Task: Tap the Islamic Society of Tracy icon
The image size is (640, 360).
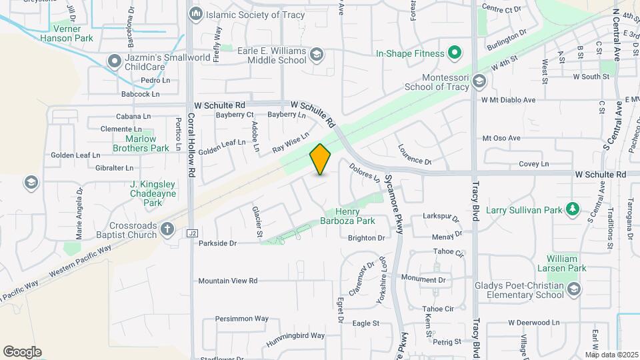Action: tap(196, 13)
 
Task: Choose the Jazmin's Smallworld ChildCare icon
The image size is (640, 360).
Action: tap(115, 63)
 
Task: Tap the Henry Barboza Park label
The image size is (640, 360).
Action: tap(356, 215)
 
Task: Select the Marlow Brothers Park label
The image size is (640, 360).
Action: tap(141, 143)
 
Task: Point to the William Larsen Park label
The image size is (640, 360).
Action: tap(567, 263)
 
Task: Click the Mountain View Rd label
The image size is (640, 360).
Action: tap(227, 281)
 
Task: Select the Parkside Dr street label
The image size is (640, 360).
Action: tap(218, 243)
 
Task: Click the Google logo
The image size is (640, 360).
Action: tap(23, 352)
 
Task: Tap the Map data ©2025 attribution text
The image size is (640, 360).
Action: tap(611, 355)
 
